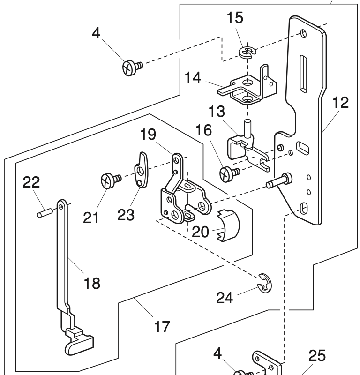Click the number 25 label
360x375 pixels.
[x=317, y=356]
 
